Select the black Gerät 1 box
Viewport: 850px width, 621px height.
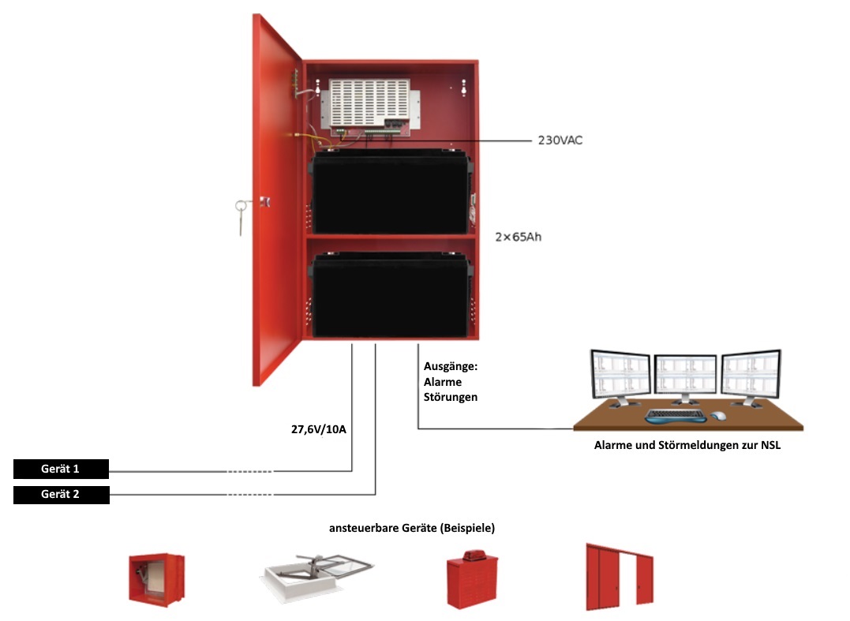(61, 469)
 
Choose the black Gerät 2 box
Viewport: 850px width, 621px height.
(61, 495)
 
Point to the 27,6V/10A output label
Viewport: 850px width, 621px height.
(319, 430)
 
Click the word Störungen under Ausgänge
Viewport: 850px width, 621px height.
(451, 397)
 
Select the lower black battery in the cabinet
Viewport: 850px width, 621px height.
(391, 294)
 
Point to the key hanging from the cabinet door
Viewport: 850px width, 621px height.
(241, 215)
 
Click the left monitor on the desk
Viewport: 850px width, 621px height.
(621, 376)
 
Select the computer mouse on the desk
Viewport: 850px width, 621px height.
(718, 416)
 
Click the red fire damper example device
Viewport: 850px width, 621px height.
(156, 578)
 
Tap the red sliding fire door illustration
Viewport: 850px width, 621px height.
(620, 577)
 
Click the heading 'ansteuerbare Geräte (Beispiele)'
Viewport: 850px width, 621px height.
(417, 526)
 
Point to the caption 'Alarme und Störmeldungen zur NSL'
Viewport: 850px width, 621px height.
(687, 445)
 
